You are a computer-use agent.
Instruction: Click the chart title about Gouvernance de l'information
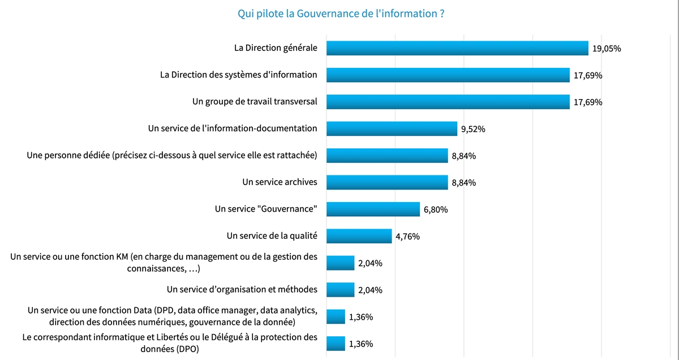[x=341, y=13]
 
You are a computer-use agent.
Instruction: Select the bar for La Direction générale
[x=457, y=48]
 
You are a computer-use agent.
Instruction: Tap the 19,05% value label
[x=607, y=49]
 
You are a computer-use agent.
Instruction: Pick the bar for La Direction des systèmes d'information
[x=448, y=75]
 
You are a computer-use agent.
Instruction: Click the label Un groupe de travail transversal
[x=255, y=101]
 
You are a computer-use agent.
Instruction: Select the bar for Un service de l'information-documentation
[x=392, y=128]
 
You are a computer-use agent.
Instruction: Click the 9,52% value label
[x=473, y=129]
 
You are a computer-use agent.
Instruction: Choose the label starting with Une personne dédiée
[x=172, y=155]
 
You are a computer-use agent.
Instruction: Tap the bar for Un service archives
[x=387, y=182]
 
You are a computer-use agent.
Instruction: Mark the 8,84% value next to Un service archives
[x=463, y=183]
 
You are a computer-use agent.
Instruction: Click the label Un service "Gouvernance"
[x=266, y=209]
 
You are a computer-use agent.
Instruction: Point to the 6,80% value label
[x=436, y=210]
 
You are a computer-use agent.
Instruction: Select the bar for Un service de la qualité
[x=359, y=236]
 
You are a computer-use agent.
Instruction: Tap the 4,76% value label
[x=407, y=237]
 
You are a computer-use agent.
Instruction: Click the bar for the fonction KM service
[x=340, y=263]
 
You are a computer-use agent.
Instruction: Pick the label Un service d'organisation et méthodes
[x=242, y=289]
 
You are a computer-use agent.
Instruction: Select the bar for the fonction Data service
[x=336, y=316]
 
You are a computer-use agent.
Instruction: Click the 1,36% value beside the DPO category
[x=361, y=344]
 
